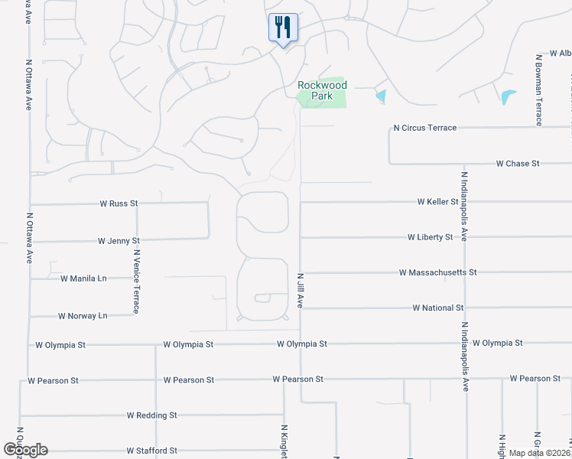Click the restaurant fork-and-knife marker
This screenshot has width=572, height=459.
(283, 28)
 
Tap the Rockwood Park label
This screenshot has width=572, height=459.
(322, 91)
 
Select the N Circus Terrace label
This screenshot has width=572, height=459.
(424, 128)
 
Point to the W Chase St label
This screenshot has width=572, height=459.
(518, 164)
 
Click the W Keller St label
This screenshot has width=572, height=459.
(437, 202)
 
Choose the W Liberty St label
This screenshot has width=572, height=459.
(430, 237)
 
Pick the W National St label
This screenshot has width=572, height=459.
(438, 308)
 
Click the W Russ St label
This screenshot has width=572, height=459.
(119, 203)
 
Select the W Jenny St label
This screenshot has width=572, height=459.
(119, 240)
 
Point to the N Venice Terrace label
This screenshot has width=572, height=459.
(136, 281)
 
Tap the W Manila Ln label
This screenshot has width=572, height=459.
(83, 278)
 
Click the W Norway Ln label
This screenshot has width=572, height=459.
(83, 315)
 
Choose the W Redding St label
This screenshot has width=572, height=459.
(151, 415)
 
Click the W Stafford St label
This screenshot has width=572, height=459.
(151, 451)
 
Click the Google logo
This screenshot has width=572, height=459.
(25, 450)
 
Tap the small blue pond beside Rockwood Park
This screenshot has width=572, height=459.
(381, 96)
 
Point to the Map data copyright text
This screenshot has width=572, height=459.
(538, 453)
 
